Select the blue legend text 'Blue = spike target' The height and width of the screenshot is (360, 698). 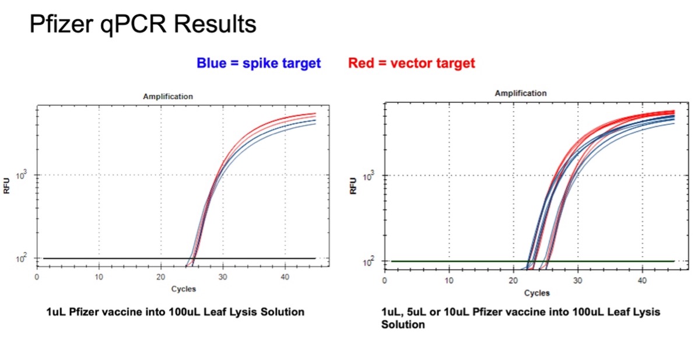pos(258,63)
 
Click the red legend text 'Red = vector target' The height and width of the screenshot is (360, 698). pos(411,63)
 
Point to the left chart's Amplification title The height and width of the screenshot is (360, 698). pos(168,96)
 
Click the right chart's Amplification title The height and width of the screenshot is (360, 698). pos(521,93)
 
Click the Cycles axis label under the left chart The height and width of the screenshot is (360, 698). pos(184,289)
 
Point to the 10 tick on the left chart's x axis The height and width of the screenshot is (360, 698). pos(99,277)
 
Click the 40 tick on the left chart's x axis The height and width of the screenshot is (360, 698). pos(284,277)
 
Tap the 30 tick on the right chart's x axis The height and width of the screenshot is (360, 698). pos(577,281)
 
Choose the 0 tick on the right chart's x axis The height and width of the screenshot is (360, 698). pos(385,281)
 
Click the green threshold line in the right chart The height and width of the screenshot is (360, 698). pos(455,261)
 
